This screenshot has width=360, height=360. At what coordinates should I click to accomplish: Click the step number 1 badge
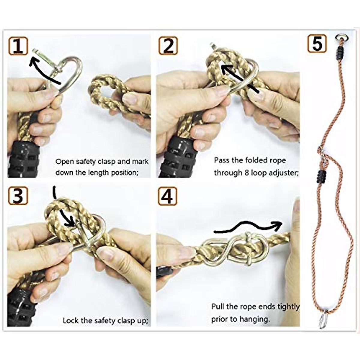pyautogui.click(x=18, y=46)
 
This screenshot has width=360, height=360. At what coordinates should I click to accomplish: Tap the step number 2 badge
pyautogui.click(x=168, y=46)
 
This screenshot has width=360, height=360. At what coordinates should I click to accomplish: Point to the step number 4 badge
pyautogui.click(x=167, y=196)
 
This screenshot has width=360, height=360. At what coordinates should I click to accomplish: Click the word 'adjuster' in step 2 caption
pyautogui.click(x=283, y=173)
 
